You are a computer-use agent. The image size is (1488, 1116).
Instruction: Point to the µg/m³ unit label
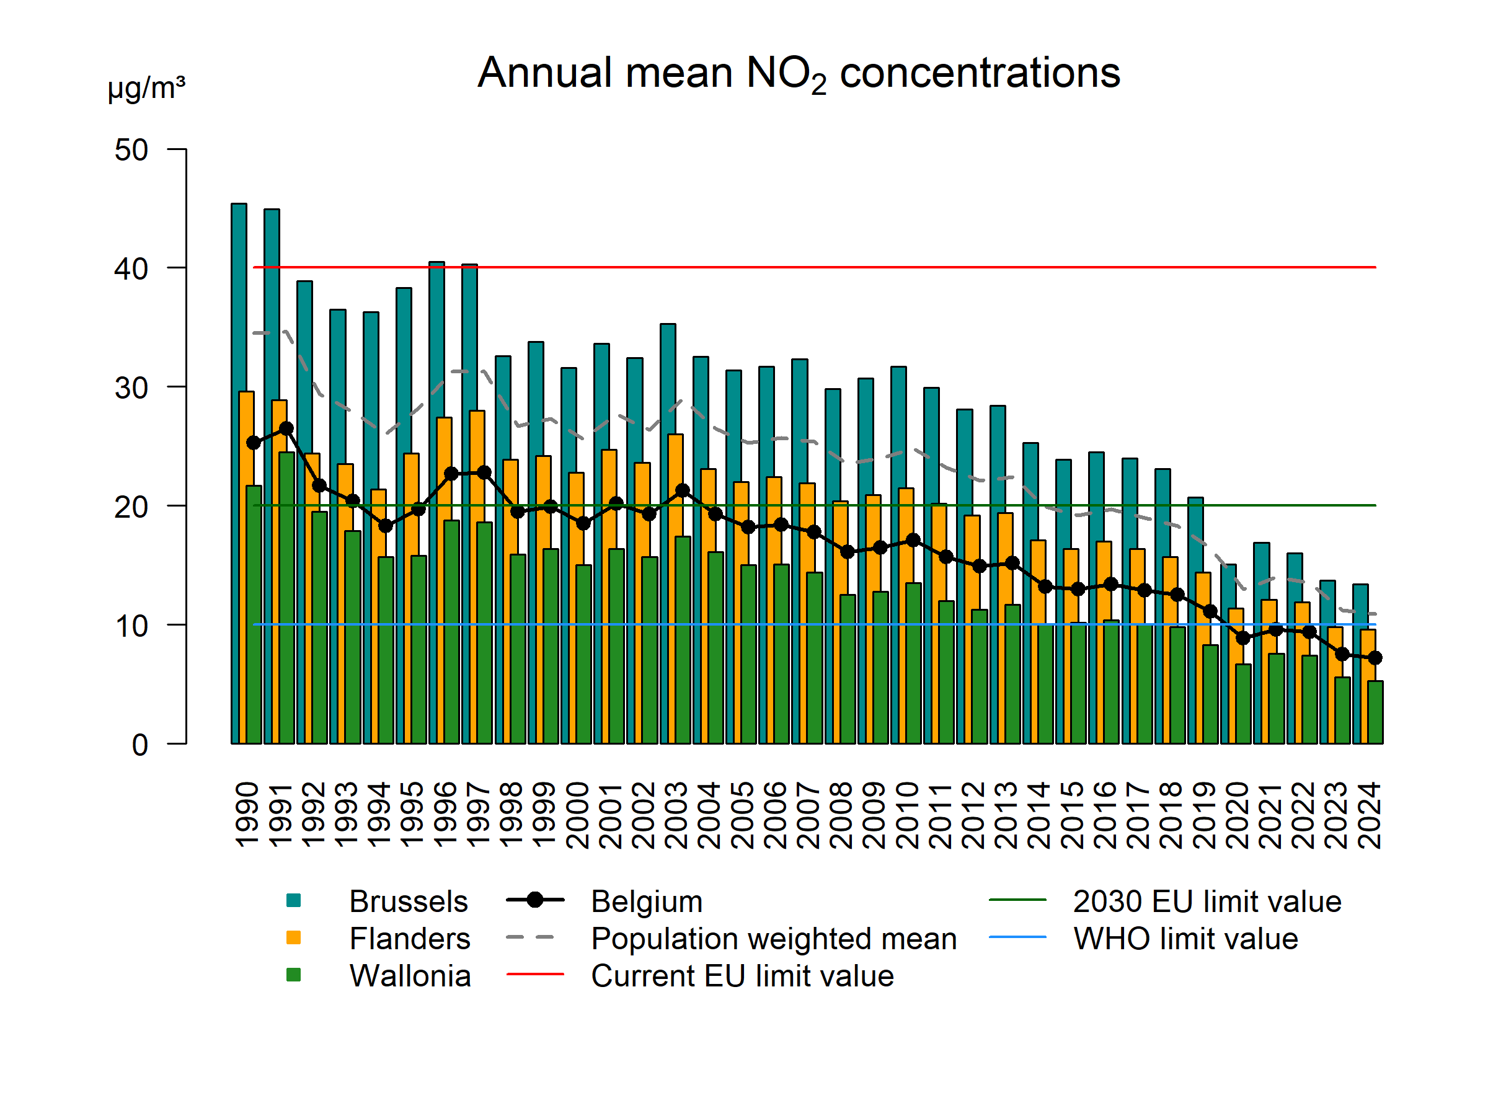146,88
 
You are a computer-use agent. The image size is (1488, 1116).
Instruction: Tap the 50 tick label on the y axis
131,150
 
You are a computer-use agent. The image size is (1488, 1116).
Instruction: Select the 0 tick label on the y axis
140,745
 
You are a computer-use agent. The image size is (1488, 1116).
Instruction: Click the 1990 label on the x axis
247,815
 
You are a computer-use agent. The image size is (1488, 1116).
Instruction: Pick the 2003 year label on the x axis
676,815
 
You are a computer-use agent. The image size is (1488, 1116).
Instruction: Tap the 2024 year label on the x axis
1369,815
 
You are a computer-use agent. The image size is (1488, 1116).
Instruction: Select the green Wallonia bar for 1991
286,599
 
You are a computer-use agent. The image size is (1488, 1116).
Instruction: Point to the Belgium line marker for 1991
286,428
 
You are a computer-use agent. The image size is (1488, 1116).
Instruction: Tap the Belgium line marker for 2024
1375,658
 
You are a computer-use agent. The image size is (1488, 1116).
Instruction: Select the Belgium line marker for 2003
682,490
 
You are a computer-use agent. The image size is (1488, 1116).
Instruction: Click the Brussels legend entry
408,901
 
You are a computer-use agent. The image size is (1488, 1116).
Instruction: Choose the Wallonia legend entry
410,976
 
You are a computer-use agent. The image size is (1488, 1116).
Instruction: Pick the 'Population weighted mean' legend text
774,939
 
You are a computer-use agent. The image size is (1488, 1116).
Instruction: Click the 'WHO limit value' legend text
1185,939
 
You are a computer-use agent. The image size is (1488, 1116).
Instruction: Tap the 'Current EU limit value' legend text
743,976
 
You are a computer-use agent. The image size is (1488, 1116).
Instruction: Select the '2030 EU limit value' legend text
1207,901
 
